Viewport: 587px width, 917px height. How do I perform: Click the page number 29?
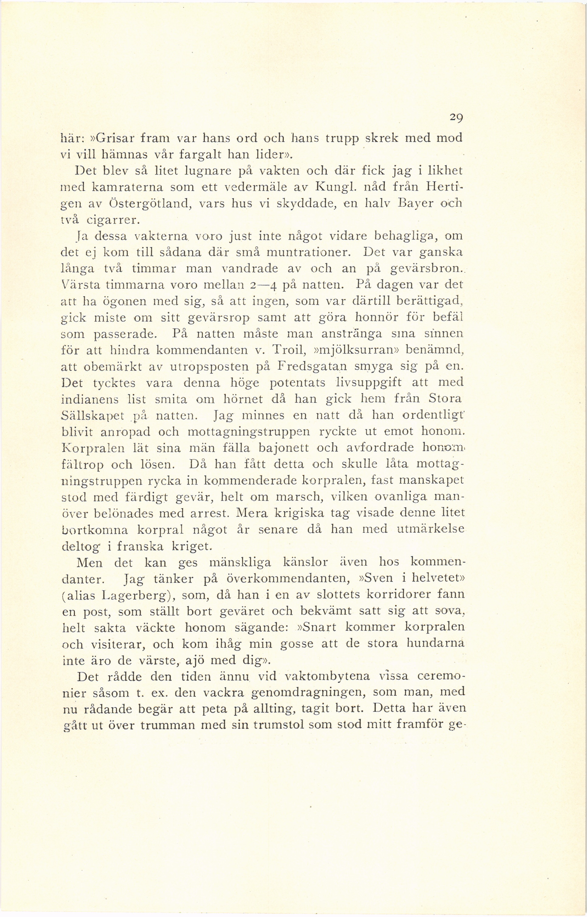tap(455, 118)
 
